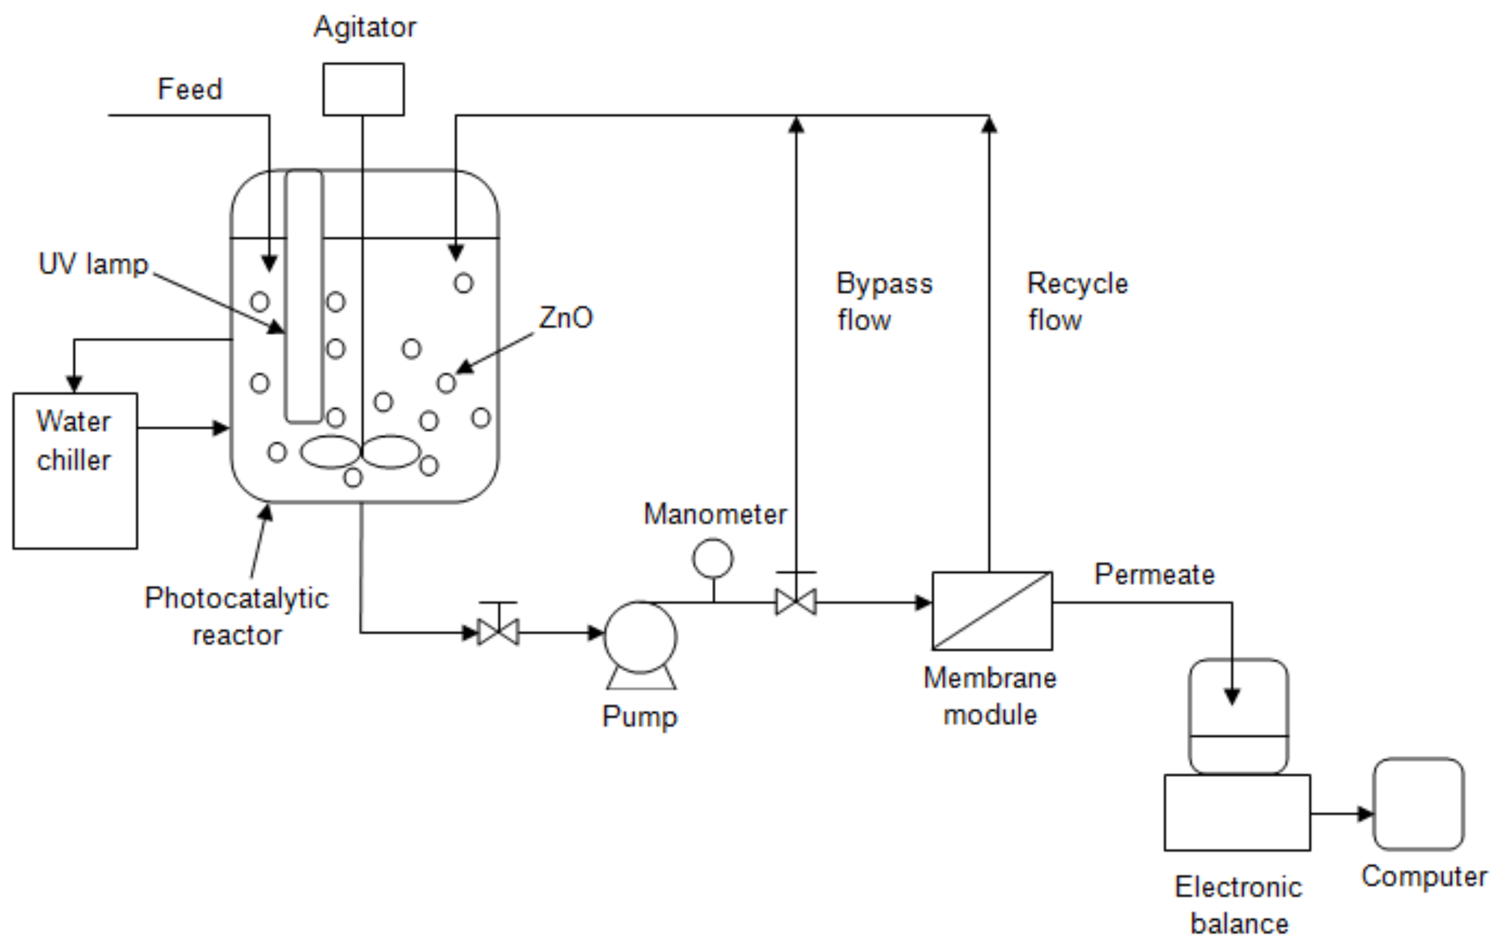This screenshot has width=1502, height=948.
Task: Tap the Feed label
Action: [190, 89]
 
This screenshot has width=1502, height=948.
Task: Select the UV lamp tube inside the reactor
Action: [304, 297]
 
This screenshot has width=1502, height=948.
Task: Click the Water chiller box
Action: [75, 471]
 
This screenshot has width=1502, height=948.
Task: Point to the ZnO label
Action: [565, 318]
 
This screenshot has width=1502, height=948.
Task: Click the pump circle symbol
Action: [640, 637]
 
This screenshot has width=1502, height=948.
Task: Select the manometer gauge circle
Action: [713, 559]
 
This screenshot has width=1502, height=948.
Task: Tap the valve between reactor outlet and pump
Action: [498, 631]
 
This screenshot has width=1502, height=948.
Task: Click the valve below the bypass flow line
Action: [795, 601]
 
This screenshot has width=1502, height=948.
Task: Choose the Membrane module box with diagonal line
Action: [992, 611]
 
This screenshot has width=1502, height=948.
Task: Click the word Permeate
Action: [1155, 574]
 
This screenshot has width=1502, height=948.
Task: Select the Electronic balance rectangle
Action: [1237, 812]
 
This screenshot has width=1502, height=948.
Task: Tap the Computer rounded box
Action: [1419, 805]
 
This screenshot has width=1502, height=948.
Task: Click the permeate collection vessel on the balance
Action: [1238, 716]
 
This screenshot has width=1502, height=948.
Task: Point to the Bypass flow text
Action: [883, 301]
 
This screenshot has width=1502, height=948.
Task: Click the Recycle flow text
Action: [1077, 301]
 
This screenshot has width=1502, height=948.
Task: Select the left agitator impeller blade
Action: [330, 452]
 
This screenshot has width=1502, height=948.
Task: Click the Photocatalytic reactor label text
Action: [237, 616]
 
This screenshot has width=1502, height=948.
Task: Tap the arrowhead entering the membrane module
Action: [923, 602]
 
